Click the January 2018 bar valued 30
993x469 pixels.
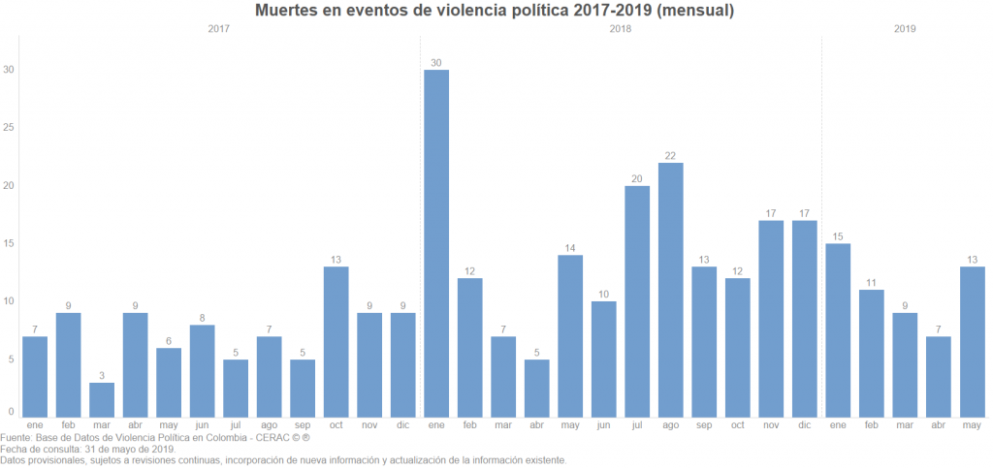point(436,242)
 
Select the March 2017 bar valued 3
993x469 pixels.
point(102,399)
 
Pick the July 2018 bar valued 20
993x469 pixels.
point(637,300)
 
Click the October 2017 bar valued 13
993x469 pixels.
point(336,341)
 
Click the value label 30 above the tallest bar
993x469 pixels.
point(436,63)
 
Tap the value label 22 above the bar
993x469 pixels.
point(670,155)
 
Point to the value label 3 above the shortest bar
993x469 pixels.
point(102,375)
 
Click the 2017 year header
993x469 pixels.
point(219,29)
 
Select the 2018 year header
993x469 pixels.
point(621,29)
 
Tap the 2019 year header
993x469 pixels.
point(906,29)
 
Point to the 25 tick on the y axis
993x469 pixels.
point(10,128)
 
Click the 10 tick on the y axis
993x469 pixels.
point(10,301)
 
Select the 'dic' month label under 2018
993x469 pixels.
point(804,425)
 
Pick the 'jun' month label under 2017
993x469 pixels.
point(202,425)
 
